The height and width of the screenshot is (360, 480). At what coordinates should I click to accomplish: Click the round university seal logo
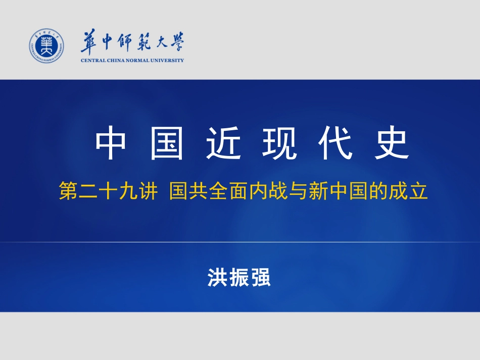[46, 46]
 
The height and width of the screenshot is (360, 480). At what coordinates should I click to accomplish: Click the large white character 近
[223, 143]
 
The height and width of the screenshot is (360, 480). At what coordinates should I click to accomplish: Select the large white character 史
[392, 143]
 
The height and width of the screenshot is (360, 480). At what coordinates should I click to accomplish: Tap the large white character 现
[279, 143]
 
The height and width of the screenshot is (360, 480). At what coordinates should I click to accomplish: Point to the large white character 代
[335, 143]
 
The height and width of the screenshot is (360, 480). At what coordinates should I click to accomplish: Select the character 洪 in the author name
[217, 277]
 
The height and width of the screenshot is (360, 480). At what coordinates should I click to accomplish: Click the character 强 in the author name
[261, 277]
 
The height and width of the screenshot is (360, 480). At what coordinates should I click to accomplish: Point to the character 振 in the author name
[239, 277]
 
